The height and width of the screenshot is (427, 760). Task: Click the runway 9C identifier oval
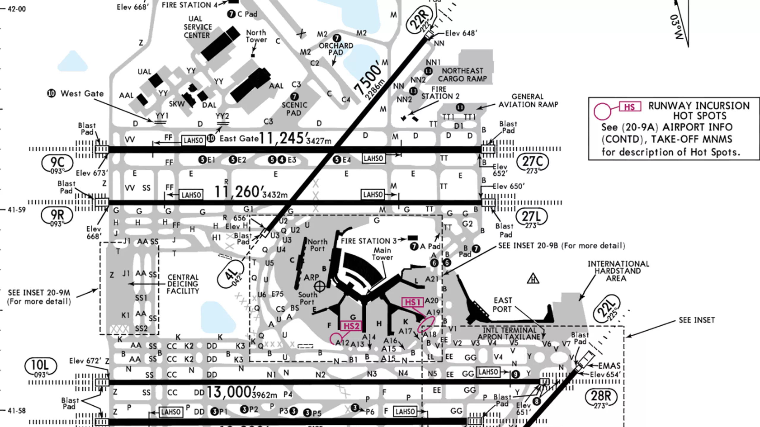[57, 163]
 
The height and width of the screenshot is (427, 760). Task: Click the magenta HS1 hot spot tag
[412, 302]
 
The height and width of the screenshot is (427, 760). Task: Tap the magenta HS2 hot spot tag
[351, 326]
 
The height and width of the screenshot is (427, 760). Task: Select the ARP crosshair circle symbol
[319, 286]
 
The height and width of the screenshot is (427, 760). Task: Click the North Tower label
[256, 36]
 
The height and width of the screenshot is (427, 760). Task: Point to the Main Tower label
[382, 254]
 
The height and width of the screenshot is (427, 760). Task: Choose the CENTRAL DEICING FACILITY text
[183, 284]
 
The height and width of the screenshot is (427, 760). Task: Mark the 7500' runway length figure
[368, 79]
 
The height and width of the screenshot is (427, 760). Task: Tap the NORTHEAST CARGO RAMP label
[463, 75]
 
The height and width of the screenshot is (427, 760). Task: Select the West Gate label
[82, 94]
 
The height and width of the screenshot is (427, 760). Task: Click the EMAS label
[609, 366]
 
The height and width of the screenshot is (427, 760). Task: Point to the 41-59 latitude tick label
[17, 210]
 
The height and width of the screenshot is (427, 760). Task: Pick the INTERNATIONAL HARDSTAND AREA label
[618, 271]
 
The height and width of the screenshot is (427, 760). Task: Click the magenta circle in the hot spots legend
[602, 111]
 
